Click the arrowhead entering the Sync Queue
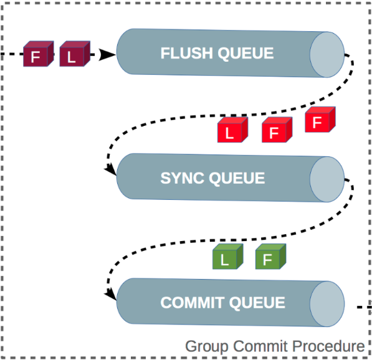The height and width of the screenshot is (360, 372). tap(110, 169)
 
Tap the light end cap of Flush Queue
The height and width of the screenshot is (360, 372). tap(327, 54)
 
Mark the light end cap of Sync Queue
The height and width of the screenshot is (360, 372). tap(327, 178)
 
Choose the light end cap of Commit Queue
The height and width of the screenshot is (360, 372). tap(327, 303)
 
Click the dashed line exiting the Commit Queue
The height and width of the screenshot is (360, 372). tap(364, 306)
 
